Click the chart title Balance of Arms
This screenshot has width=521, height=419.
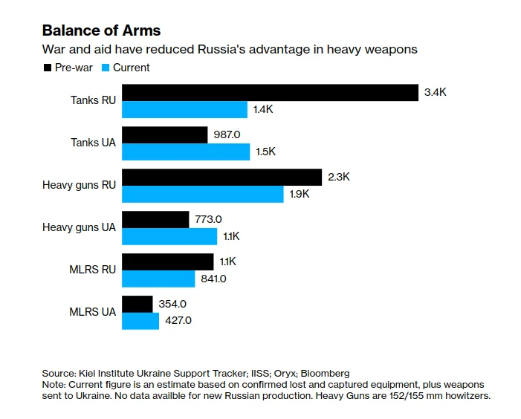pos(101,30)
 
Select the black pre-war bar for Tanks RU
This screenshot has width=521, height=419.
pos(270,92)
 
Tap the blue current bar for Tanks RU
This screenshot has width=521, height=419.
pos(184,109)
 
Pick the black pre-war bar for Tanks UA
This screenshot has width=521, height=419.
pos(164,134)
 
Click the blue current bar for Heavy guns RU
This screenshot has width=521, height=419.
pos(202,194)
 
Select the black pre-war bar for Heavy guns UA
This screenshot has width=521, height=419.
pos(155,219)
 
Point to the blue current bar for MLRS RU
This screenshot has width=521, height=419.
pos(158,279)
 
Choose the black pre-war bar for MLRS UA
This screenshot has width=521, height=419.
pos(137,304)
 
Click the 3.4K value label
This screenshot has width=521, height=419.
pos(436,93)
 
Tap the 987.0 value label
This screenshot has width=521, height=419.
pos(228,134)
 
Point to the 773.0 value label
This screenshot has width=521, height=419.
pos(210,219)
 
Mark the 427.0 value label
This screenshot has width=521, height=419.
pos(178,320)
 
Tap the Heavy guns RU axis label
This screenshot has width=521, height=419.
pos(79,185)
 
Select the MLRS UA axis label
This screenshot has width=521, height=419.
pos(93,312)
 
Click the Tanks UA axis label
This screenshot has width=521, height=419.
pos(93,143)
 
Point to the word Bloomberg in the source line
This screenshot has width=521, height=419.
pos(325,372)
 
